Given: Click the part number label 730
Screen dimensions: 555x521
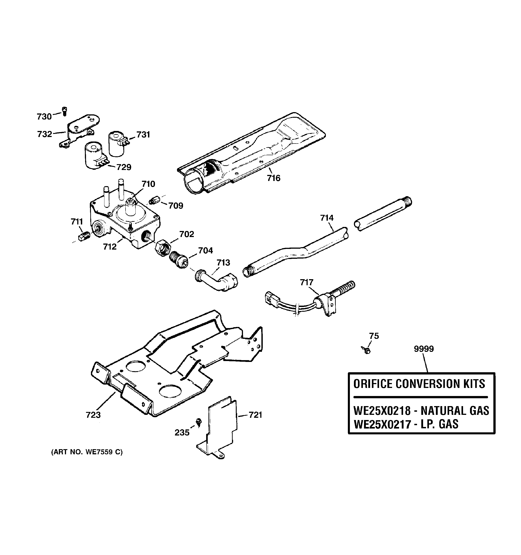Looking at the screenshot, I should click(x=44, y=116).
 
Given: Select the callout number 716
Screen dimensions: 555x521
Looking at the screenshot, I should click(x=273, y=178).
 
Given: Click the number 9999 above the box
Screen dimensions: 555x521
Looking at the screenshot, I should click(x=424, y=349).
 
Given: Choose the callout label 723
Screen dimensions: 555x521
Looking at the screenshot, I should click(x=93, y=415).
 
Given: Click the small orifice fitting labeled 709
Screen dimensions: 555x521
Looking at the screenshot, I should click(x=154, y=200).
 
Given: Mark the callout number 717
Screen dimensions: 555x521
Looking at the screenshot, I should click(x=307, y=282).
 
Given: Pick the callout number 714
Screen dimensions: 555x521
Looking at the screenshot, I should click(x=327, y=218).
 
